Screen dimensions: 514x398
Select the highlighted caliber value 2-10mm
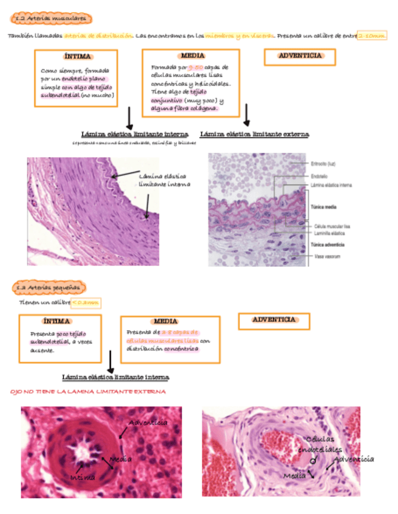coord(372,36)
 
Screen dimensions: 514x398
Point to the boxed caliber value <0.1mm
coord(86,302)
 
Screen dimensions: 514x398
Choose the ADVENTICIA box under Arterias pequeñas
coord(274,319)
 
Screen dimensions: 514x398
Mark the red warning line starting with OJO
coord(88,392)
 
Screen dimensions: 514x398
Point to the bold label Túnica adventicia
coord(328,245)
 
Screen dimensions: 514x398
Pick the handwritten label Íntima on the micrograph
coord(83,477)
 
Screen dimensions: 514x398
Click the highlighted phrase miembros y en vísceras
coord(238,36)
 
